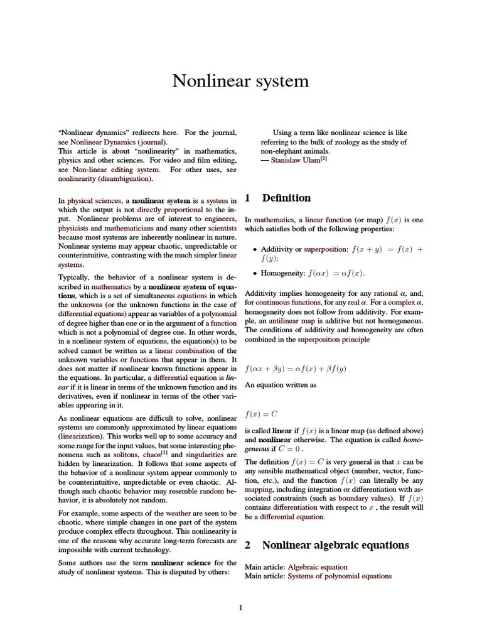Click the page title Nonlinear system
tap(240, 81)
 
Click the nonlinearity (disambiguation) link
tap(105, 179)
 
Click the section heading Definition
tap(286, 198)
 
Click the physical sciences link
tap(94, 200)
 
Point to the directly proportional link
tap(169, 210)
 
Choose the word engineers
tap(220, 219)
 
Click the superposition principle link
tap(328, 339)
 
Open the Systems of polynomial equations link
tap(339, 576)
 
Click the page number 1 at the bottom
tap(240, 607)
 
